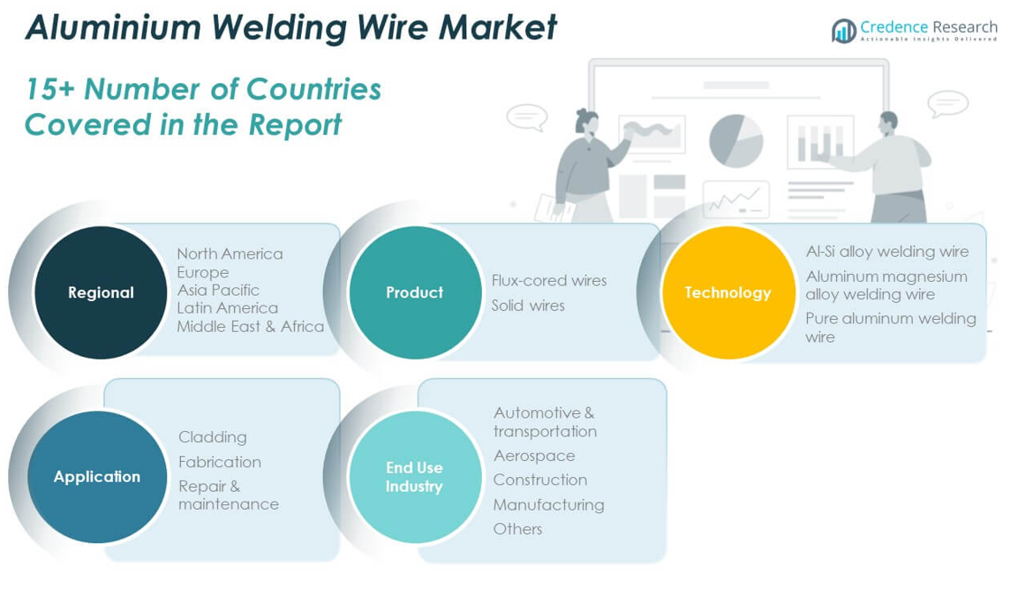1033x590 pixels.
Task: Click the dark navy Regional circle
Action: pos(101,292)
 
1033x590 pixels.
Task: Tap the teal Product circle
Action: pos(414,292)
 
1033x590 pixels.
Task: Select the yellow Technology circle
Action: pos(728,292)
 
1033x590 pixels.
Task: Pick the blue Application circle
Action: pos(97,477)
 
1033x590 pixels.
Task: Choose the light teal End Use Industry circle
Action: pos(414,477)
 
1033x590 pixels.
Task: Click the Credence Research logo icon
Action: pos(843,31)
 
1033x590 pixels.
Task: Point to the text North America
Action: pos(230,253)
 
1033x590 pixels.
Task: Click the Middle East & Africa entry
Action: pos(250,326)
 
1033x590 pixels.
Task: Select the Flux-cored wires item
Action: pos(549,280)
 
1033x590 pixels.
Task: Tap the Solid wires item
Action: pos(528,305)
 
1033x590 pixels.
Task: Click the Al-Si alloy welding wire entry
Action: pos(886,252)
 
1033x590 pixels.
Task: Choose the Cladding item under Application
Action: pos(212,437)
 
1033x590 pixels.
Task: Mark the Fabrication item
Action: pos(220,462)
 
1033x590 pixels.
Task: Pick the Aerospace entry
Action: pos(534,456)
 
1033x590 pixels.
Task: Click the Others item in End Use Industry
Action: pos(517,529)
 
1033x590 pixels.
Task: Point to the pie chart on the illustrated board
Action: pos(735,140)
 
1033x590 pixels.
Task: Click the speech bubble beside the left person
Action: pos(527,117)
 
